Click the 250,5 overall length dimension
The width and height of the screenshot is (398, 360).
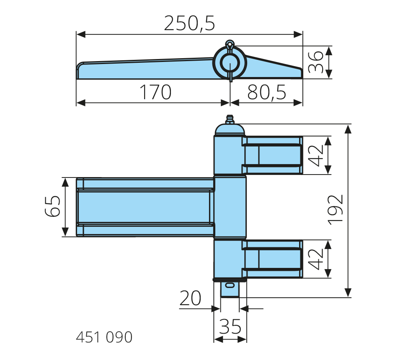189,23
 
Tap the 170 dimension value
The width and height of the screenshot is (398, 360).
155,92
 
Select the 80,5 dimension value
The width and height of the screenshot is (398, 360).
266,92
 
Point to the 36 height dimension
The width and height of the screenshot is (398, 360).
315,62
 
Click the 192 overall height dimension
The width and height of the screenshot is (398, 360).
335,210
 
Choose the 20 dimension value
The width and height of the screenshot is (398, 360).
190,298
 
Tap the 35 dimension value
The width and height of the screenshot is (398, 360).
230,327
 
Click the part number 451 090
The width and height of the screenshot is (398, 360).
104,337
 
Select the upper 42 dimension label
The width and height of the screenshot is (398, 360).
316,156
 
